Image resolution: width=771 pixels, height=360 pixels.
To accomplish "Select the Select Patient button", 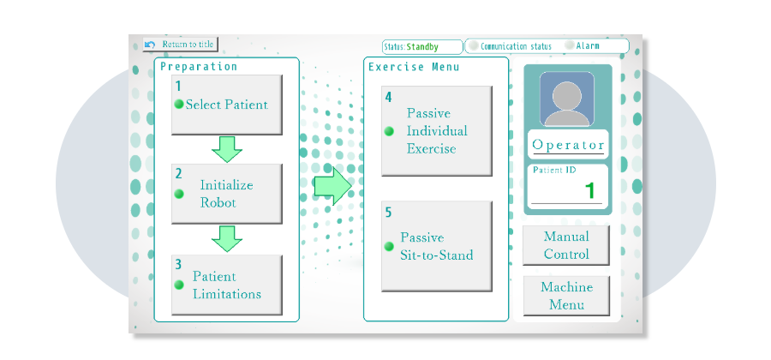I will [226, 105].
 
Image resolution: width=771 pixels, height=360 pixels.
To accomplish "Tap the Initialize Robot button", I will [226, 194].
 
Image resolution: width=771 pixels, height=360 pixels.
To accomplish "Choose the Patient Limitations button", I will [226, 285].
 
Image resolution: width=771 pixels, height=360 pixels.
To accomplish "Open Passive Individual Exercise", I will [436, 131].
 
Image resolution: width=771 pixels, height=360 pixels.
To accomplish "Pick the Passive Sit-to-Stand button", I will [436, 246].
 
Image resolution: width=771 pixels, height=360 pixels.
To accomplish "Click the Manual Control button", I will [566, 245].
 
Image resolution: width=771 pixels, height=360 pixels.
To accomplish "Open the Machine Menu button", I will [566, 296].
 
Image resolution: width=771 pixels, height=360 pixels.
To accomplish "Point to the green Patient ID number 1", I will [589, 190].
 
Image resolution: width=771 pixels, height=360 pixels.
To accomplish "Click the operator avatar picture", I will [566, 99].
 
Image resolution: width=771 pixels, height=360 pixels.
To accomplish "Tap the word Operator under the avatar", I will [568, 145].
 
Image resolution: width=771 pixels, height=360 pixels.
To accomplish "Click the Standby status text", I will [422, 46].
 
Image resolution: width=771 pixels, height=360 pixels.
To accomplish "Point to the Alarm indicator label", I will [588, 46].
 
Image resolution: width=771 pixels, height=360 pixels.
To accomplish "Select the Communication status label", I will [516, 46].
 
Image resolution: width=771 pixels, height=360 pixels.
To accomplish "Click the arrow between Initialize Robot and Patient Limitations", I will [227, 239].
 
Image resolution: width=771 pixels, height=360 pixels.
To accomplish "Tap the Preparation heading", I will [199, 67].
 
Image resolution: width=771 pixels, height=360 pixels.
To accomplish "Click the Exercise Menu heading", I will [414, 67].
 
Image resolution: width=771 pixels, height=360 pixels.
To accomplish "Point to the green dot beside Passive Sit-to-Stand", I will [389, 246].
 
